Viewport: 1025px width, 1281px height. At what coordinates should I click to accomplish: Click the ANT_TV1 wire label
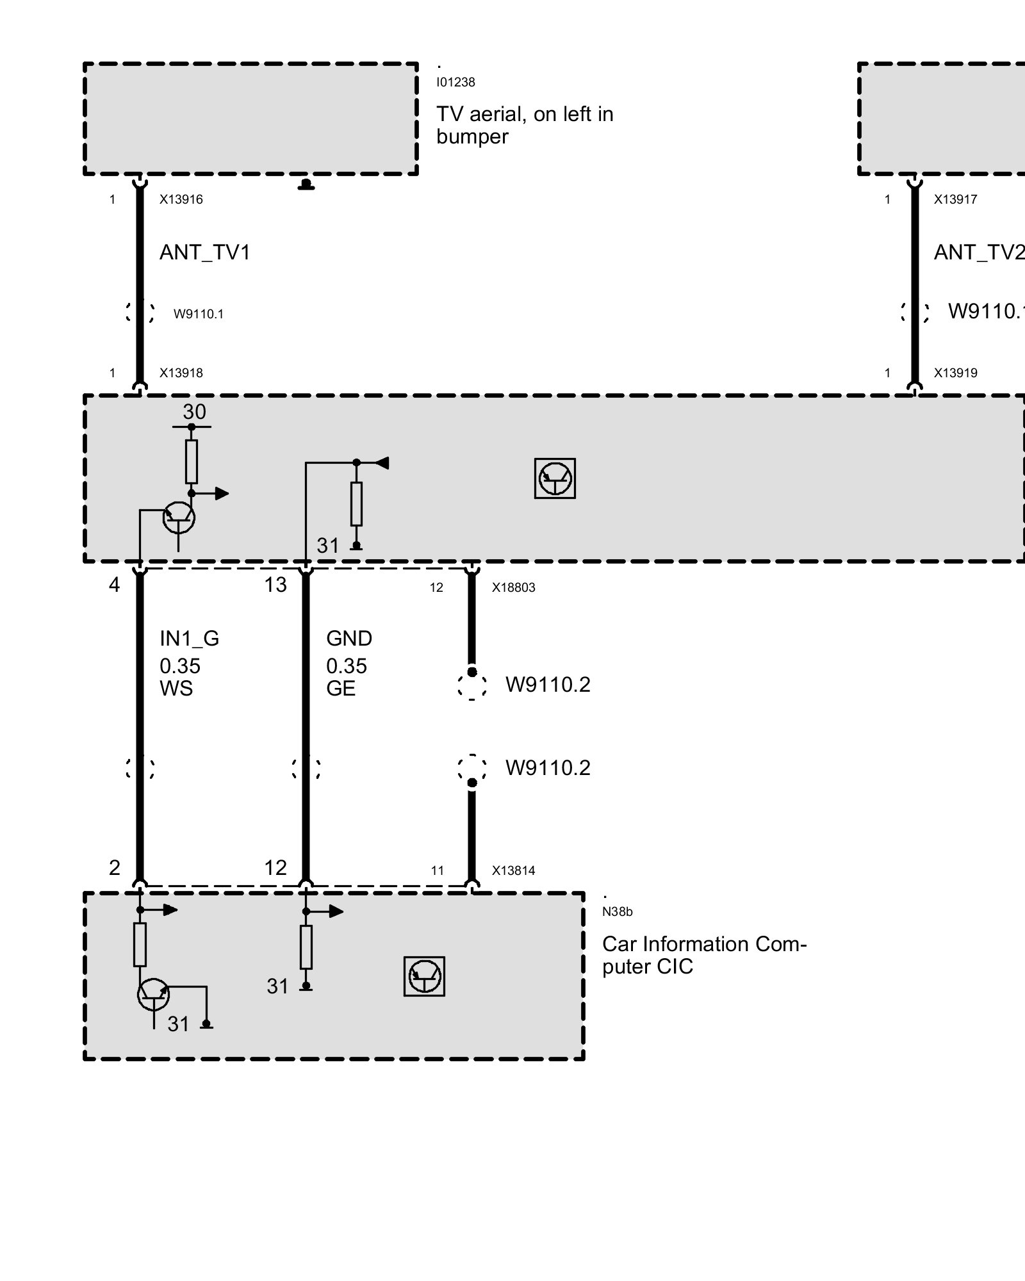pyautogui.click(x=204, y=252)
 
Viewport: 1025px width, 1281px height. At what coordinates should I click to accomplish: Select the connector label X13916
pyautogui.click(x=181, y=199)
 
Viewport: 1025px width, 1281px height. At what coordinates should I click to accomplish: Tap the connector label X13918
pyautogui.click(x=181, y=373)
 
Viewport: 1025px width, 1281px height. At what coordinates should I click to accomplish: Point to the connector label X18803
pyautogui.click(x=513, y=587)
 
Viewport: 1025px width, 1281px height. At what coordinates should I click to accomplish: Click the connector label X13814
pyautogui.click(x=513, y=870)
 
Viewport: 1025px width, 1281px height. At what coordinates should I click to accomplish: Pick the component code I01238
pyautogui.click(x=455, y=83)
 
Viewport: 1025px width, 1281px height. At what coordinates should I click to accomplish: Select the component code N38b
pyautogui.click(x=617, y=912)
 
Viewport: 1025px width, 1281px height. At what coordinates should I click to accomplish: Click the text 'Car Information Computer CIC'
pyautogui.click(x=703, y=955)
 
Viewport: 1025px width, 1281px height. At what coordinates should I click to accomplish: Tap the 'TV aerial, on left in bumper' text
pyautogui.click(x=524, y=125)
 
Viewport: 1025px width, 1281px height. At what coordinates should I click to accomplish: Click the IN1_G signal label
pyautogui.click(x=189, y=639)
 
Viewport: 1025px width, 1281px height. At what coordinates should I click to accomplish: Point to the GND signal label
pyautogui.click(x=348, y=639)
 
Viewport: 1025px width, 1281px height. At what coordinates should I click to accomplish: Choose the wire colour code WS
pyautogui.click(x=176, y=689)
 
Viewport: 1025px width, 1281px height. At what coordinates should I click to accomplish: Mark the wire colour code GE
pyautogui.click(x=340, y=689)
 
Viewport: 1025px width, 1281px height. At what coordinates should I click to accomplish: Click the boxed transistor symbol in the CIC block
pyautogui.click(x=424, y=976)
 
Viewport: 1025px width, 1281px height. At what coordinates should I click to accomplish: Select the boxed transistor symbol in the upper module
pyautogui.click(x=555, y=478)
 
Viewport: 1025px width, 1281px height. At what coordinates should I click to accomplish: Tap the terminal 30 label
pyautogui.click(x=194, y=412)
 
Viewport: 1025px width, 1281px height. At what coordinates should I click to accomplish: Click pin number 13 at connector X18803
pyautogui.click(x=275, y=585)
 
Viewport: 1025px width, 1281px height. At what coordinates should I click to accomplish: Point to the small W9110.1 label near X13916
pyautogui.click(x=199, y=314)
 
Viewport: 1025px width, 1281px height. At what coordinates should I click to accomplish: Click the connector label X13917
pyautogui.click(x=955, y=199)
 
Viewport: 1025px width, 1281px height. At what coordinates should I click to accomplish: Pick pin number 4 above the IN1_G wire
pyautogui.click(x=114, y=585)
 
